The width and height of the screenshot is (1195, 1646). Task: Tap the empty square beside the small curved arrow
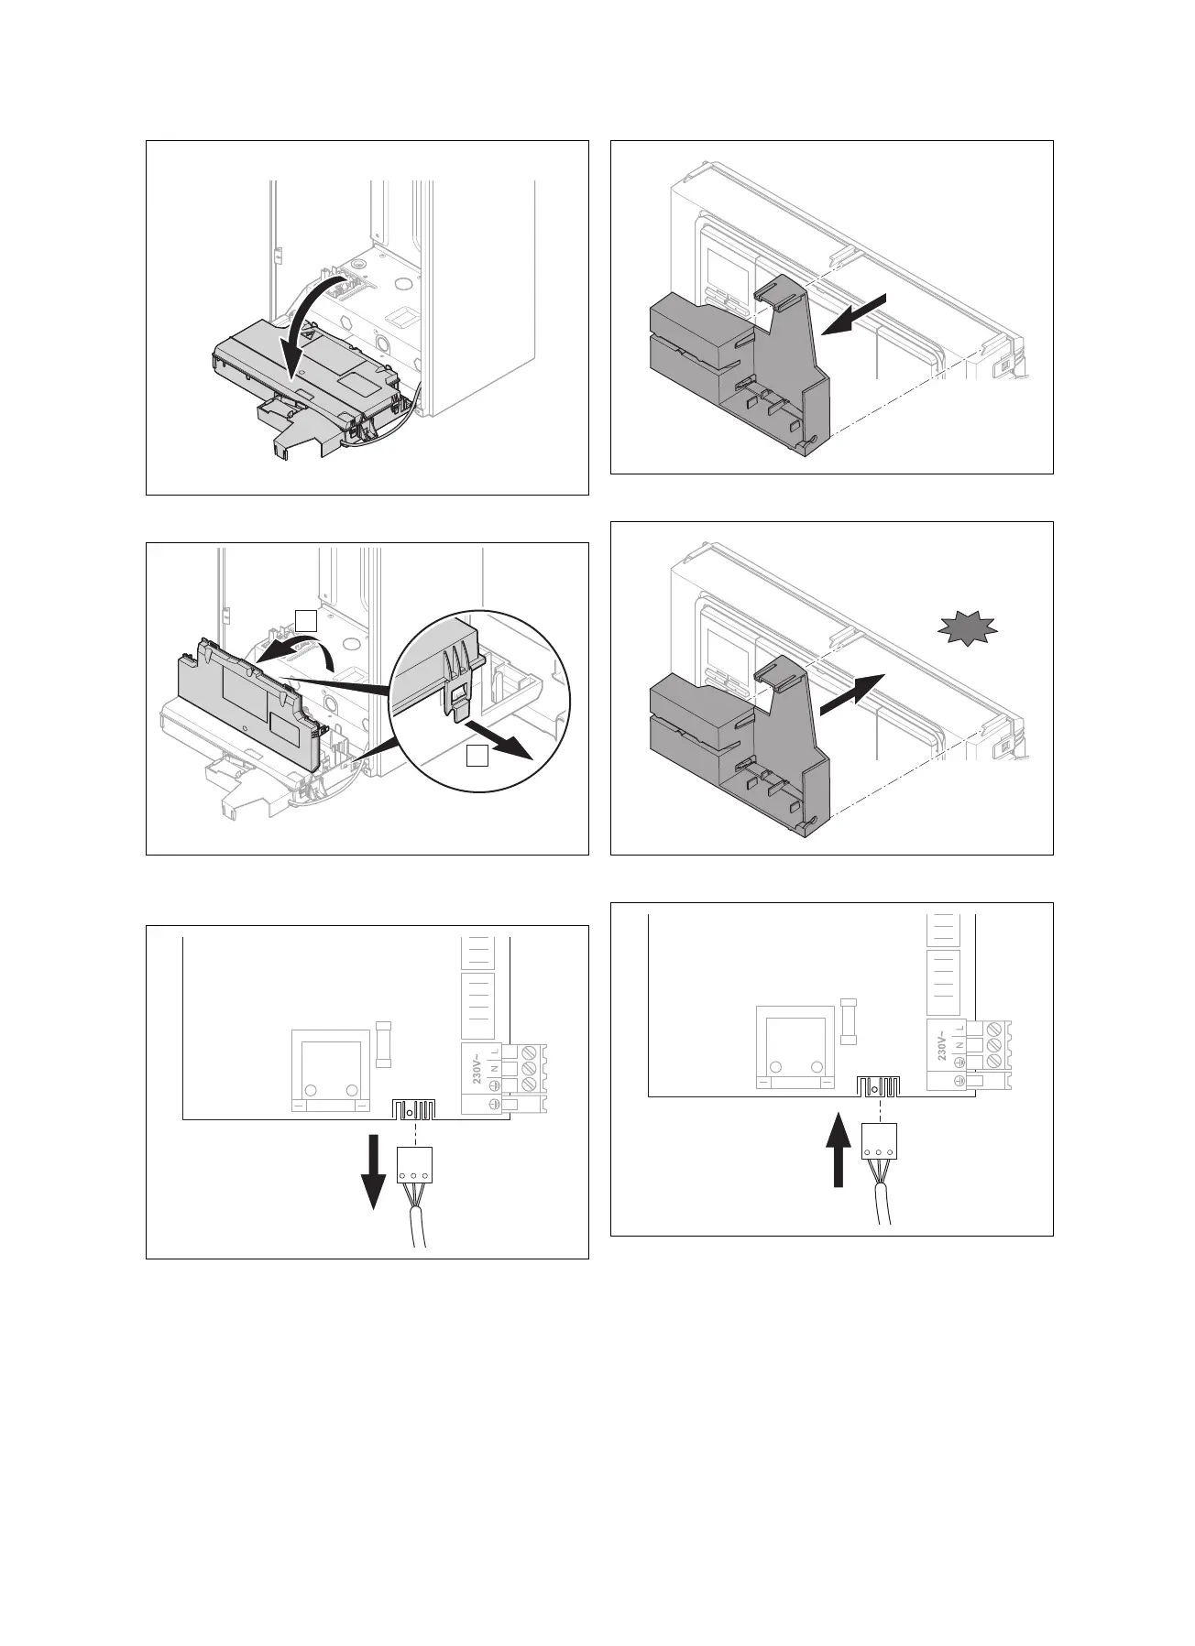pos(306,621)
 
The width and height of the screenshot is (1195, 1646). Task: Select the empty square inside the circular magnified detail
pos(477,756)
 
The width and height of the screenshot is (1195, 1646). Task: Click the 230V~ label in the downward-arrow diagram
pos(478,1067)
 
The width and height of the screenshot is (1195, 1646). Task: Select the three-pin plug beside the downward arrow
pos(414,1165)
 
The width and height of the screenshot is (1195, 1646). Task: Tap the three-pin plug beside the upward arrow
pos(878,1141)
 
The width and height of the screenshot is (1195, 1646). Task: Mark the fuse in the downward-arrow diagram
pos(384,1043)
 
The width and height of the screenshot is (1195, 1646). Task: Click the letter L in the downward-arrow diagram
pos(495,1052)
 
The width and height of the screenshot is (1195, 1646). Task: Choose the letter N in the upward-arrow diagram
pos(959,1044)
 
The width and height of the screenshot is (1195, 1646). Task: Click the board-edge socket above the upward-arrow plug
pos(878,1087)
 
